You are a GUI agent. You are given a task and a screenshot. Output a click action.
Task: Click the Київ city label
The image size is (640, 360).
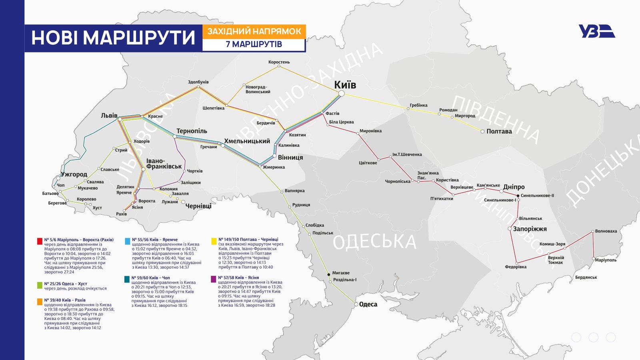point(345,85)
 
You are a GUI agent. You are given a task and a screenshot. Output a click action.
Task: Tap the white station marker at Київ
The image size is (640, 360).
point(341,93)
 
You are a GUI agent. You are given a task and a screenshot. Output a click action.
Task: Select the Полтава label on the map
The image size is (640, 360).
point(499,131)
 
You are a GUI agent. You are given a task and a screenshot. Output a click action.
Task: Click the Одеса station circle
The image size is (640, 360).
point(356,304)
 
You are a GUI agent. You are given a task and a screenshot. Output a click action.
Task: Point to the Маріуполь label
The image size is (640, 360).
point(606,260)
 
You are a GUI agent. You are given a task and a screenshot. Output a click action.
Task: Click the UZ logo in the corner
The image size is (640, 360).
point(596,31)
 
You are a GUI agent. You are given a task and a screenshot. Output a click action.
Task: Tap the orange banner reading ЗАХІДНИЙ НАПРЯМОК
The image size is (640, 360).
point(254,31)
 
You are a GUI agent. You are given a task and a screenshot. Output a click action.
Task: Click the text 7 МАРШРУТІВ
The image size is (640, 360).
point(254,44)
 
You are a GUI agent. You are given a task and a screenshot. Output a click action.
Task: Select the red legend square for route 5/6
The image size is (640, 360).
point(40,241)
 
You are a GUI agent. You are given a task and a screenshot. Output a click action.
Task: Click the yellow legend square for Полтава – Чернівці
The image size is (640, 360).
point(214,241)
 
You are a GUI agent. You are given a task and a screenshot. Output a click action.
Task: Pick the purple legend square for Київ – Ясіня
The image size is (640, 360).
point(214,279)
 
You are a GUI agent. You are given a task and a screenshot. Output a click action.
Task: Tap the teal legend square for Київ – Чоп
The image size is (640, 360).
point(127,279)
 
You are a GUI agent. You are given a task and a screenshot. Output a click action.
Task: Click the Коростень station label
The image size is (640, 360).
point(279,62)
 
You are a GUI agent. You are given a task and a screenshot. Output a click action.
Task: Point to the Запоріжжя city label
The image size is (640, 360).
point(530,229)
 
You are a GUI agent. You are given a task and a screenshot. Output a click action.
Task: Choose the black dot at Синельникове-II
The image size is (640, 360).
point(518,196)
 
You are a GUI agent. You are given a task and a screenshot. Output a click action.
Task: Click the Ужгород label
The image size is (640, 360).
point(74,174)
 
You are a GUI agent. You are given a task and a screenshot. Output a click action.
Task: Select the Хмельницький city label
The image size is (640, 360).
point(247,141)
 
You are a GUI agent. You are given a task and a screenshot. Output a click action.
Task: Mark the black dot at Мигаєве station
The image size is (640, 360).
point(329,274)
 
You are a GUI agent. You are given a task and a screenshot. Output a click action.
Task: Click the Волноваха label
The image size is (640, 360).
point(606,231)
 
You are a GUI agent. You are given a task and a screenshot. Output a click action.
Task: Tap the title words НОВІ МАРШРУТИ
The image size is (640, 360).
point(113,38)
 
